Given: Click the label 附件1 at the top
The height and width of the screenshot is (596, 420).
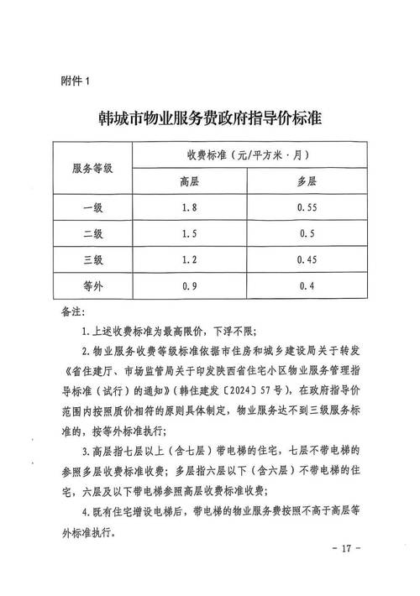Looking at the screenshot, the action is [81, 81].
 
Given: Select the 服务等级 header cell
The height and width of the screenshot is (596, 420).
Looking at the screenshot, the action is [97, 168].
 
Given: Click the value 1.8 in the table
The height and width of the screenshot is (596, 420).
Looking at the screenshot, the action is [190, 207].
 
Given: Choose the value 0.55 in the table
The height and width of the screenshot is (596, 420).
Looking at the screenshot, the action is [307, 207].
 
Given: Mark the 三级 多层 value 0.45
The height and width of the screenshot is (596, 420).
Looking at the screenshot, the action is [307, 259].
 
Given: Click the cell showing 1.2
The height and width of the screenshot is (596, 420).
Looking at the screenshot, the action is [190, 259].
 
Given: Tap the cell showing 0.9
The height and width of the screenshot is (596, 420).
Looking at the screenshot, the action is [190, 286].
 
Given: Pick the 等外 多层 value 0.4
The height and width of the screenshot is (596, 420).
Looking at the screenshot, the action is [307, 286].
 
